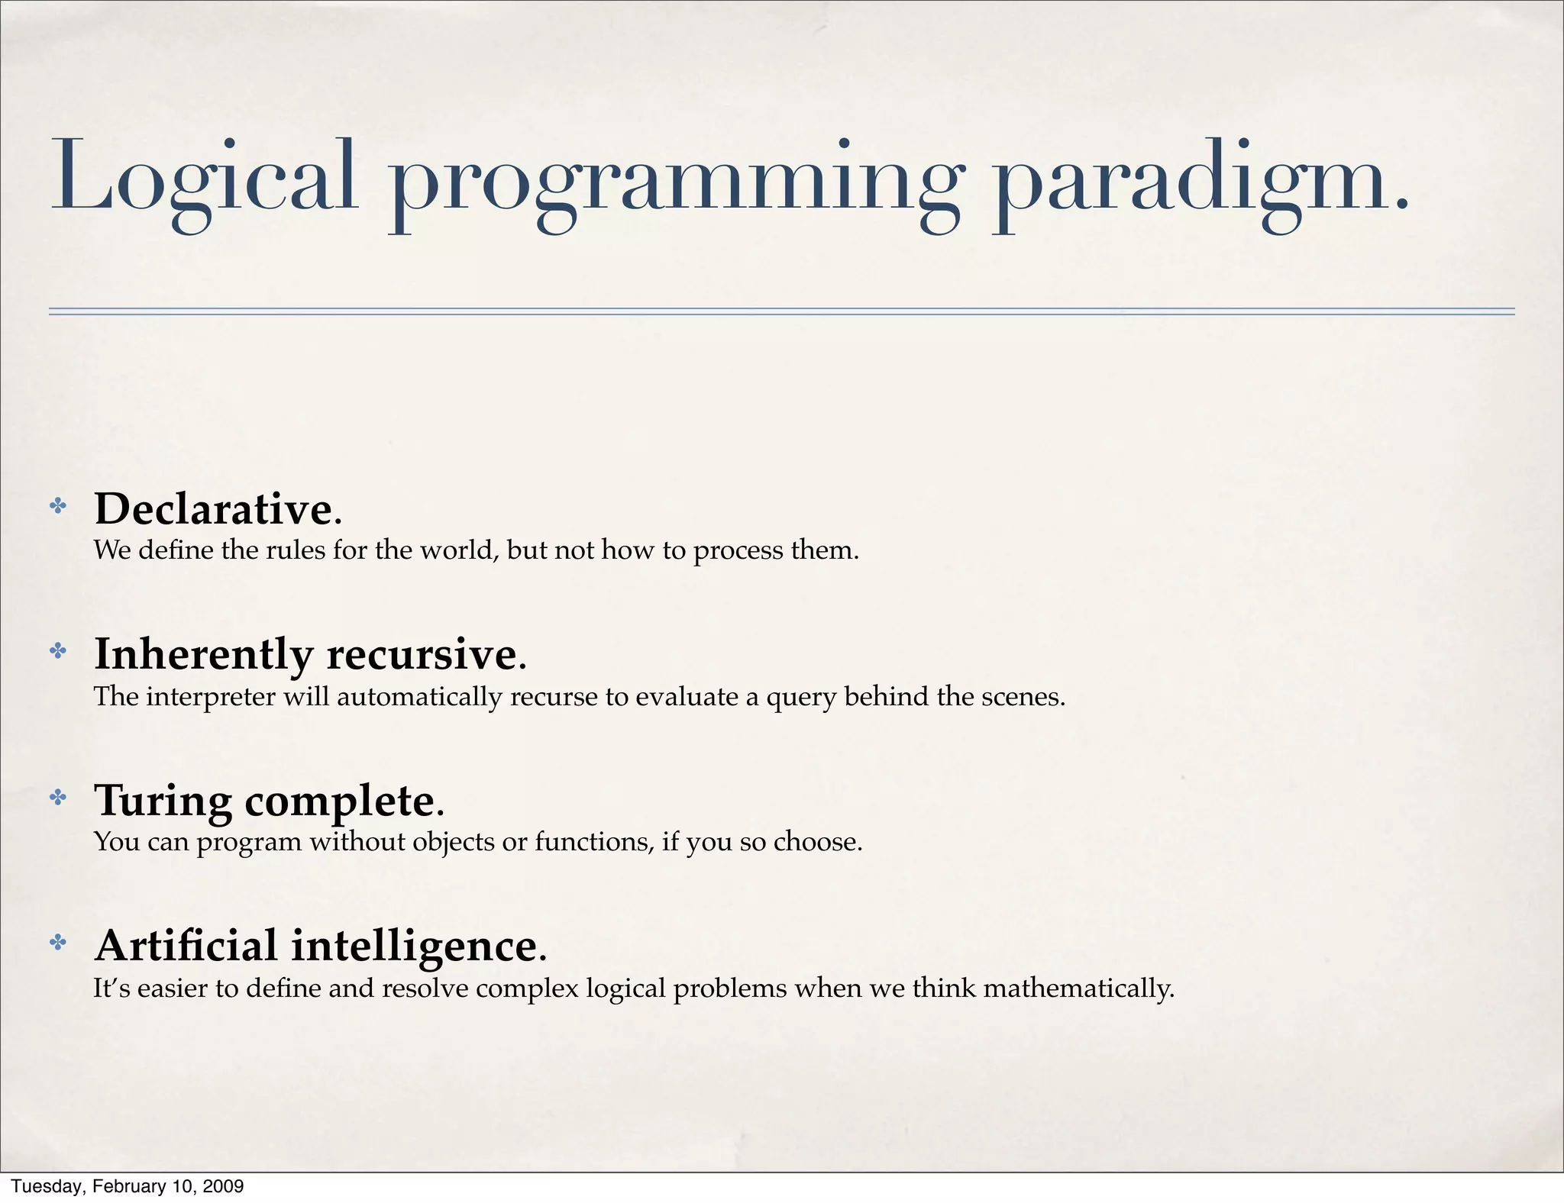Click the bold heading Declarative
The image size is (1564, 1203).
tap(213, 508)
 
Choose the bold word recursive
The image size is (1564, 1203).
tap(422, 655)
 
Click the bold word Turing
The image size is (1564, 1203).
tap(163, 801)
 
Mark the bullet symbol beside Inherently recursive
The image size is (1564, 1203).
tap(58, 651)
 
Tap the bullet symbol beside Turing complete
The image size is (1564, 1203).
tap(58, 798)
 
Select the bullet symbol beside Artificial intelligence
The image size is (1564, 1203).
tap(58, 943)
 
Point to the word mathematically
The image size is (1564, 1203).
tap(1078, 989)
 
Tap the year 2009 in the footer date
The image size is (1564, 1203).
tap(225, 1186)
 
